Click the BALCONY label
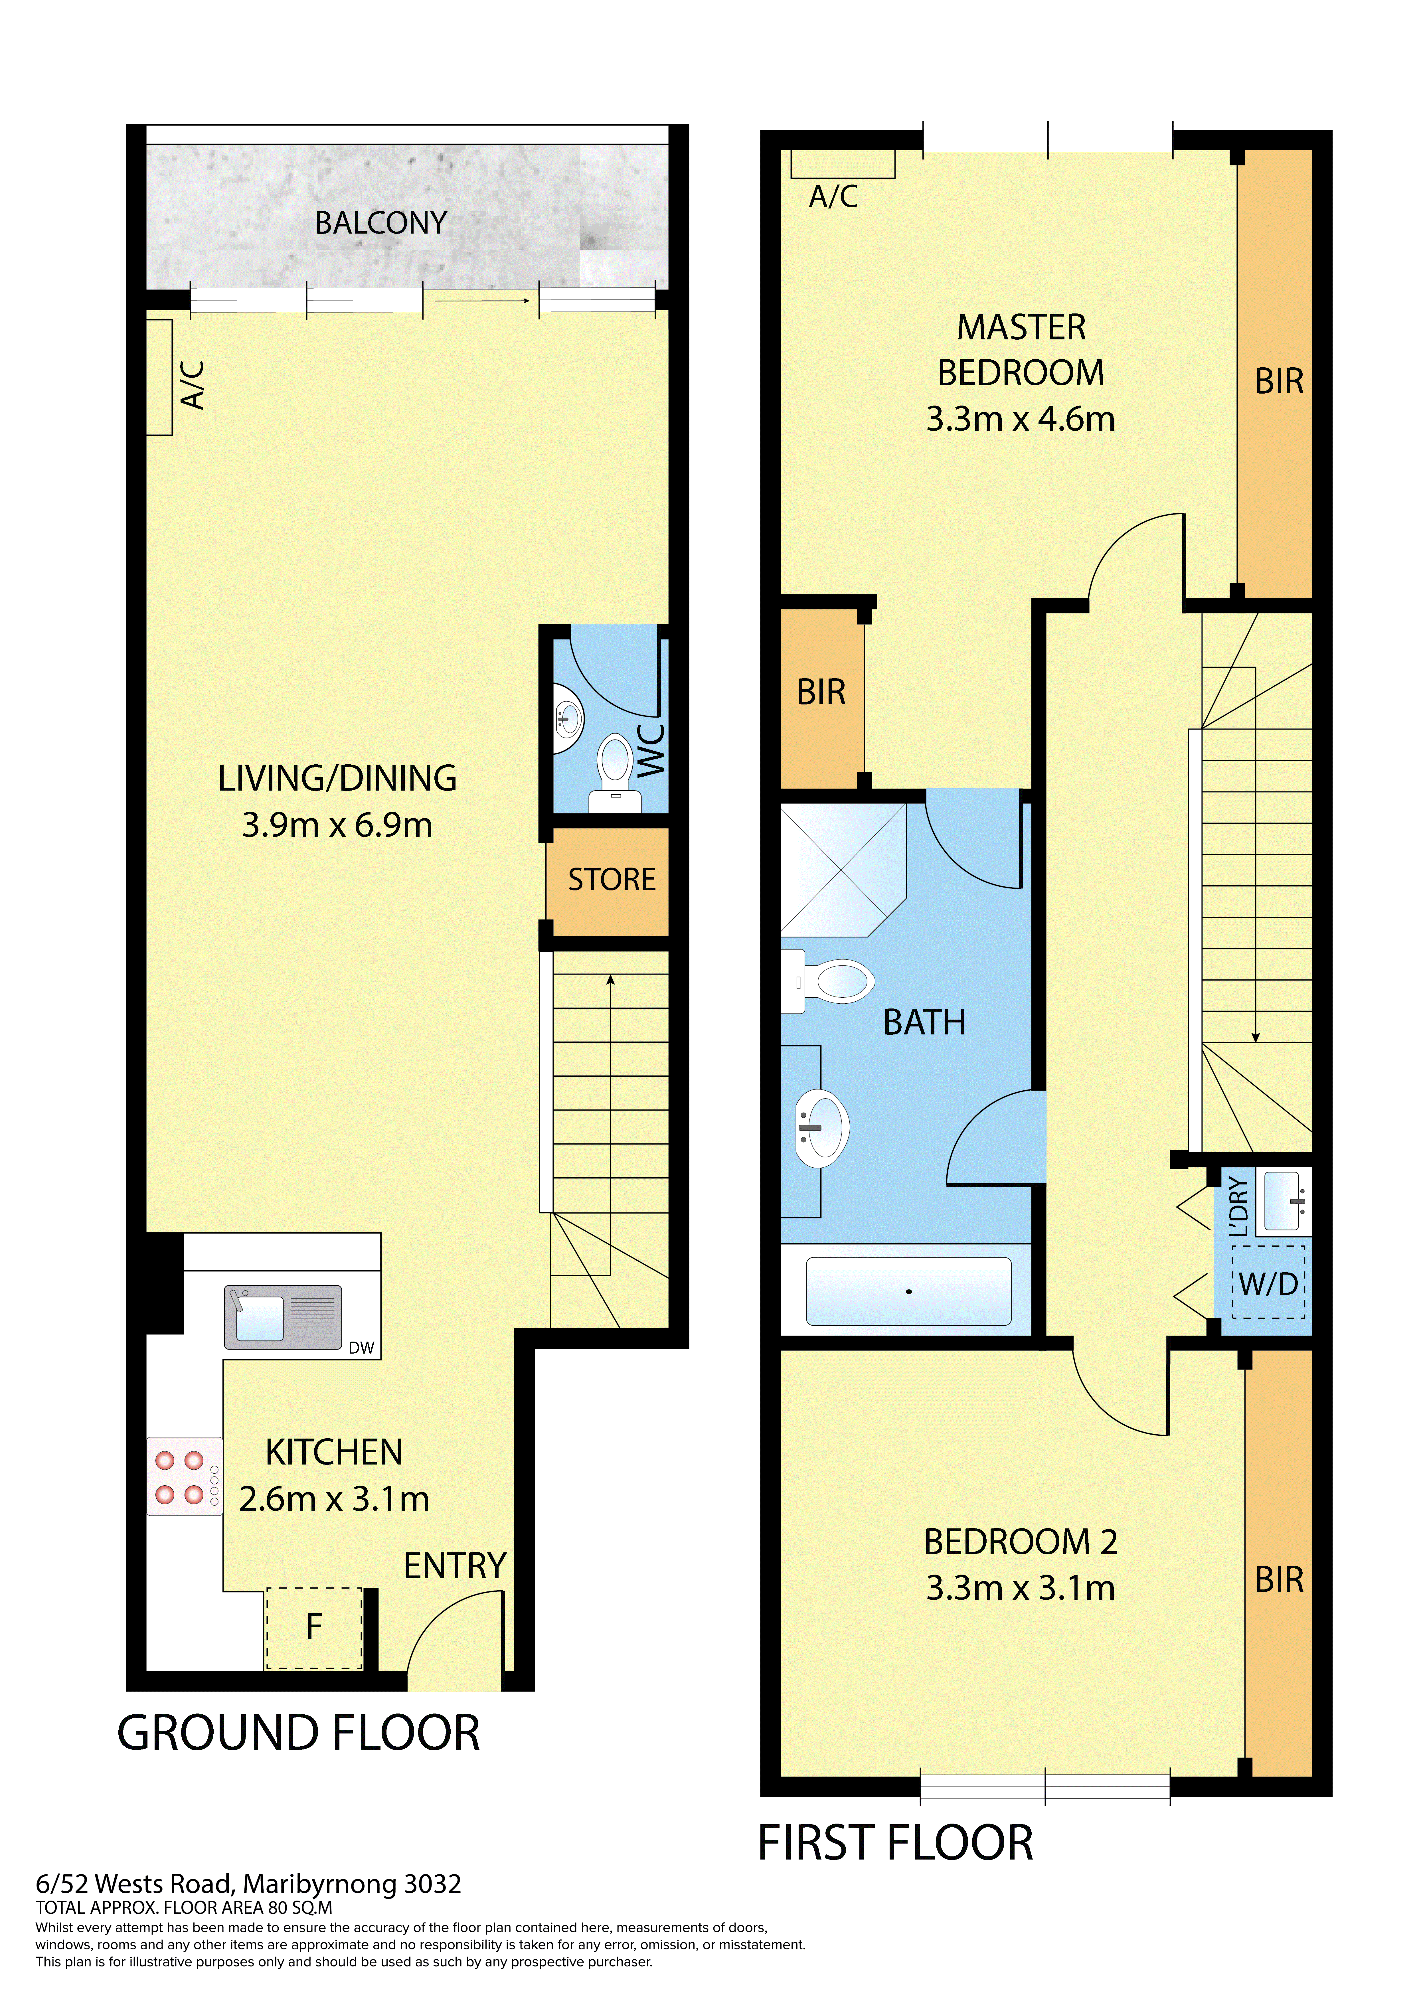381,223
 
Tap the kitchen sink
282,1317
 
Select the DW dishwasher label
361,1347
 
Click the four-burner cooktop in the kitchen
184,1476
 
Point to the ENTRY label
455,1566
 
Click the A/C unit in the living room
159,377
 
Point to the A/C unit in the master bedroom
842,164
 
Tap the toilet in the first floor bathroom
828,981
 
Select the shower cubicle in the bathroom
843,870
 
